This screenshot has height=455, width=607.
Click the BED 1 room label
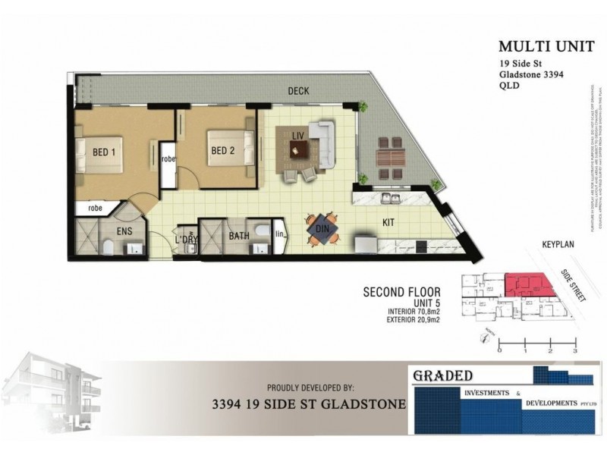104,152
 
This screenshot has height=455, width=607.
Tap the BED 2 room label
222,150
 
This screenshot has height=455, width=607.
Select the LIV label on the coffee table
297,135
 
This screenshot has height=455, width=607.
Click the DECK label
297,91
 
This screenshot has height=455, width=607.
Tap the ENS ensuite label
124,231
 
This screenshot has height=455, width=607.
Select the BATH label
240,237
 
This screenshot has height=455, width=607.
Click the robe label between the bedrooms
168,159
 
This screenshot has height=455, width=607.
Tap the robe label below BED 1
95,208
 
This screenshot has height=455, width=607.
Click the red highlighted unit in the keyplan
528,284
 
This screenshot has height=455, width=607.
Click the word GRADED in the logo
443,375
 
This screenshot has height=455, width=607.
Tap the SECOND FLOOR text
398,291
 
